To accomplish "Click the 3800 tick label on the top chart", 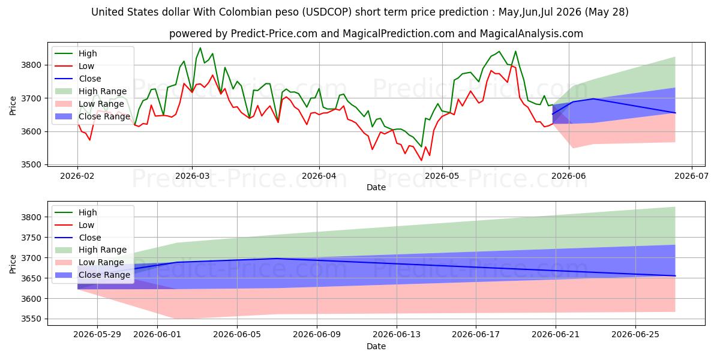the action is pos(31,65).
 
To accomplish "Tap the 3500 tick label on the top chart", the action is pos(31,164).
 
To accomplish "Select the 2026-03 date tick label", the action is pos(193,176).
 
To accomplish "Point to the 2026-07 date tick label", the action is pos(691,176).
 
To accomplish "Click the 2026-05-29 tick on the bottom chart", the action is pos(97,335).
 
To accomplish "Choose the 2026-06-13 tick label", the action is pos(397,335).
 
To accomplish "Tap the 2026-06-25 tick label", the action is pos(635,335).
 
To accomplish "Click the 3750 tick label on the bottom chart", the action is pos(31,238).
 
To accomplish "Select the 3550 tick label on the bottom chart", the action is pos(31,319).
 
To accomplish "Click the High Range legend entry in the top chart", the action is pos(91,91).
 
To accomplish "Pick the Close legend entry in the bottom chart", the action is pos(78,238).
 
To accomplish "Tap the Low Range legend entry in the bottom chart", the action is pos(89,262).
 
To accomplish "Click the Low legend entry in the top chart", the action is pos(74,66).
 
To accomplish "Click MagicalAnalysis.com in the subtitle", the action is pos(532,34).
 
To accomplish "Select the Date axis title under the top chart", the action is pos(376,187).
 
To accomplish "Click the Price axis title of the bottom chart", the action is pos(13,264).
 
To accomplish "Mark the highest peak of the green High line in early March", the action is pos(200,48).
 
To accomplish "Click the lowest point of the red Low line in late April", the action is pos(421,160).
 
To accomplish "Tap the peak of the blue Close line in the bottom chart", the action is pos(277,259).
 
